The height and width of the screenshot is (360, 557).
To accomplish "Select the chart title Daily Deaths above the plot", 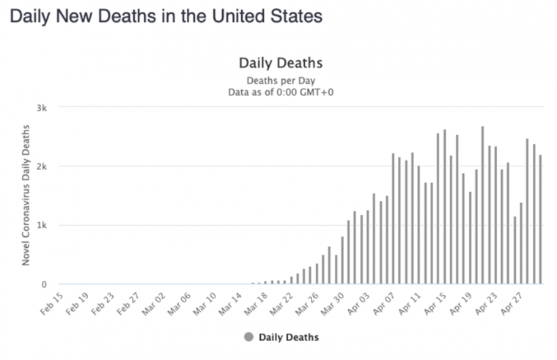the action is coord(281,63).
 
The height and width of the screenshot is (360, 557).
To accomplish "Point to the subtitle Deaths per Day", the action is coord(281,81).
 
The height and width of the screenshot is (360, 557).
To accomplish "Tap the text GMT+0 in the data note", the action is coord(317,92).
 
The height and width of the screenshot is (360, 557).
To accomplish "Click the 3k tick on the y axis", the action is coord(42,108).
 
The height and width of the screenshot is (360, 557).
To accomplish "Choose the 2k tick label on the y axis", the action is coord(42,166).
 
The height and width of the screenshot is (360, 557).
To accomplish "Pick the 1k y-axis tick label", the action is coord(42,226).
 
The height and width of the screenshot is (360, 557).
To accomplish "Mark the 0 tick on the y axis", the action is coord(44,284).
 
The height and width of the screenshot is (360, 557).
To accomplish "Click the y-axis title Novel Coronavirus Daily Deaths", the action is coord(26,195).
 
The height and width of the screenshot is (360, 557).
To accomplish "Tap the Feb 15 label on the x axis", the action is coord(52,304).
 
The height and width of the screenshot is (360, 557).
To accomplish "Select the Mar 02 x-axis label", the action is coord(154,304).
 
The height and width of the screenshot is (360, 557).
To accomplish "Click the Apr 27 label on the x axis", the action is coord(512,304).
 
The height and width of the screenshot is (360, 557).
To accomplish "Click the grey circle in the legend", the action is coord(249,337).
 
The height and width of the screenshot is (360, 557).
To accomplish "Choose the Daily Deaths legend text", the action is coord(289,337).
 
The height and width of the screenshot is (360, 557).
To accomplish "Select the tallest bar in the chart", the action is coord(482,205).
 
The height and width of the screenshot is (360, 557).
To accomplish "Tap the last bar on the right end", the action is coord(540,219).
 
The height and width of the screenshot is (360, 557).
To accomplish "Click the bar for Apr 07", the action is coord(394,218).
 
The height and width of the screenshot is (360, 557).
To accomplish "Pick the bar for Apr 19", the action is coord(471,238).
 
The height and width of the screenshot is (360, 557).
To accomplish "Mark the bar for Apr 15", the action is coord(445,207).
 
